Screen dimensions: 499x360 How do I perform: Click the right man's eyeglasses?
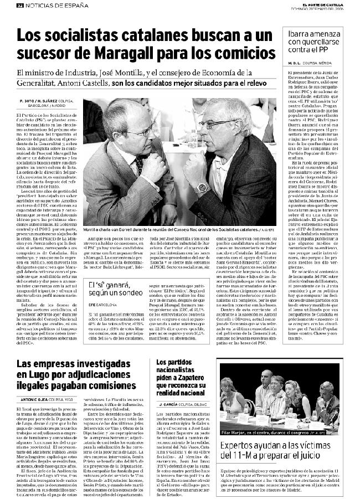[x=217, y=123]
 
